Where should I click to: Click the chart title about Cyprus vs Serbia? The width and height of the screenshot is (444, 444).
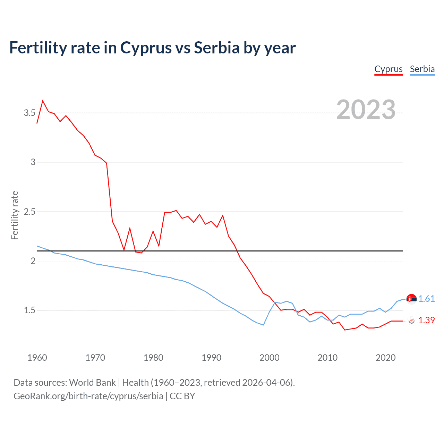(152, 48)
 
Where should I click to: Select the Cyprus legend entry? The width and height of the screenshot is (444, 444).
(388, 69)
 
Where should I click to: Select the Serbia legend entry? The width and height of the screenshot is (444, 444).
(422, 69)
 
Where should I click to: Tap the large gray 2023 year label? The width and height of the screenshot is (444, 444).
(366, 110)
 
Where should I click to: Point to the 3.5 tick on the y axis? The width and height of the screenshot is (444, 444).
(29, 113)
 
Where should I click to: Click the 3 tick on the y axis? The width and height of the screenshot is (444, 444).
(33, 162)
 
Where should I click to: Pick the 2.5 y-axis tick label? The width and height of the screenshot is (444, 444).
(29, 212)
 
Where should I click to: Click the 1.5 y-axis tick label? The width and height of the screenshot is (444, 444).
(29, 310)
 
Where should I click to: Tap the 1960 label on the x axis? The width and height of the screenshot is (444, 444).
(37, 358)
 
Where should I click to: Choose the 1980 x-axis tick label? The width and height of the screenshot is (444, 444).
(153, 358)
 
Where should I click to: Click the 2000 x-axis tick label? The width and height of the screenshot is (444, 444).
(269, 358)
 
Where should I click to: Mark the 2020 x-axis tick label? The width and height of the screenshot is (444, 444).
(385, 358)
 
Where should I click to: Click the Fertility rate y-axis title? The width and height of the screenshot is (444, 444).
(15, 215)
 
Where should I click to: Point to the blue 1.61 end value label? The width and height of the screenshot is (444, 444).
(426, 299)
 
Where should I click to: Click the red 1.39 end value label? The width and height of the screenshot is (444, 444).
(426, 320)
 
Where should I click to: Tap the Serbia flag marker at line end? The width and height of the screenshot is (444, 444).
(411, 299)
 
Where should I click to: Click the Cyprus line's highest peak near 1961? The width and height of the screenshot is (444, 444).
(43, 101)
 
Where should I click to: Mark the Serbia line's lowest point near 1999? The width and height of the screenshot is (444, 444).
(264, 325)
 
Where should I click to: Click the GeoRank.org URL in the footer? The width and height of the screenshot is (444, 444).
(88, 396)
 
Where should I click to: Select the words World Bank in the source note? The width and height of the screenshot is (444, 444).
(92, 382)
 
